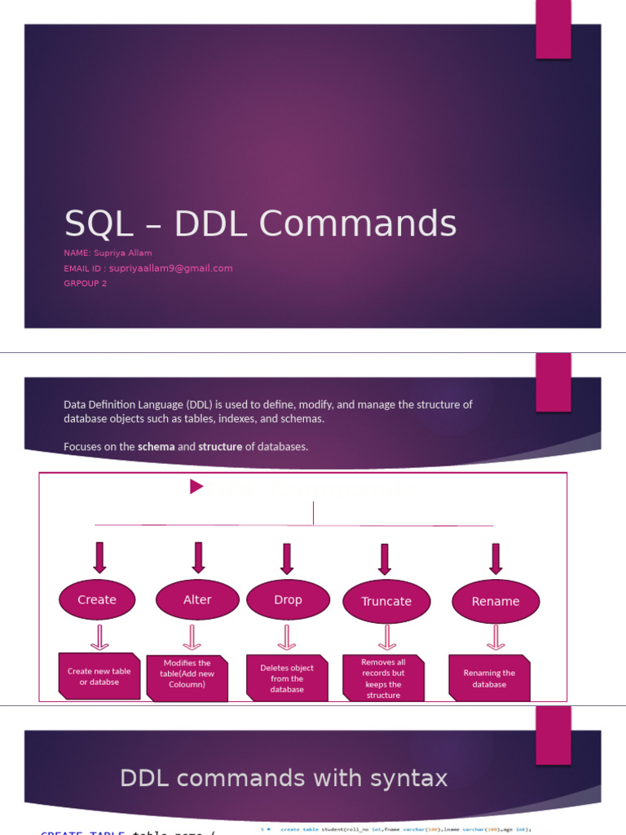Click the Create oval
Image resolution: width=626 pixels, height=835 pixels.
[x=98, y=599]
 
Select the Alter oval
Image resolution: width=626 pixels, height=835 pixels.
[x=197, y=599]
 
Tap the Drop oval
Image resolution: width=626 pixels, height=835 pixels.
[x=288, y=599]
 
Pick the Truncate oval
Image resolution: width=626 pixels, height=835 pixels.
[x=386, y=601]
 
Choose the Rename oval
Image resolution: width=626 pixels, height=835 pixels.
[x=495, y=601]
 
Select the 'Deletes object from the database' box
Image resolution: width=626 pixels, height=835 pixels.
[x=287, y=678]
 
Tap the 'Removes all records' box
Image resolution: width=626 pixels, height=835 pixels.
[x=383, y=678]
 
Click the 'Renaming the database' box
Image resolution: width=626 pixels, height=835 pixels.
[x=489, y=678]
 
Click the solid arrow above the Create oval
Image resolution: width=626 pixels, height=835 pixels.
[x=99, y=558]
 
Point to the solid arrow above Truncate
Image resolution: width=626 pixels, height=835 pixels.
[x=385, y=559]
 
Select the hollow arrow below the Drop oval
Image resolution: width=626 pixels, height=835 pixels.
[x=287, y=637]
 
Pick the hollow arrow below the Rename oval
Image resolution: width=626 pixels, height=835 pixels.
[x=495, y=637]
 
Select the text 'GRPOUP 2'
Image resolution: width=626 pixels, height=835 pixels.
[x=85, y=284]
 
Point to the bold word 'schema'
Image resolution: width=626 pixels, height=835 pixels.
[x=156, y=447]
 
